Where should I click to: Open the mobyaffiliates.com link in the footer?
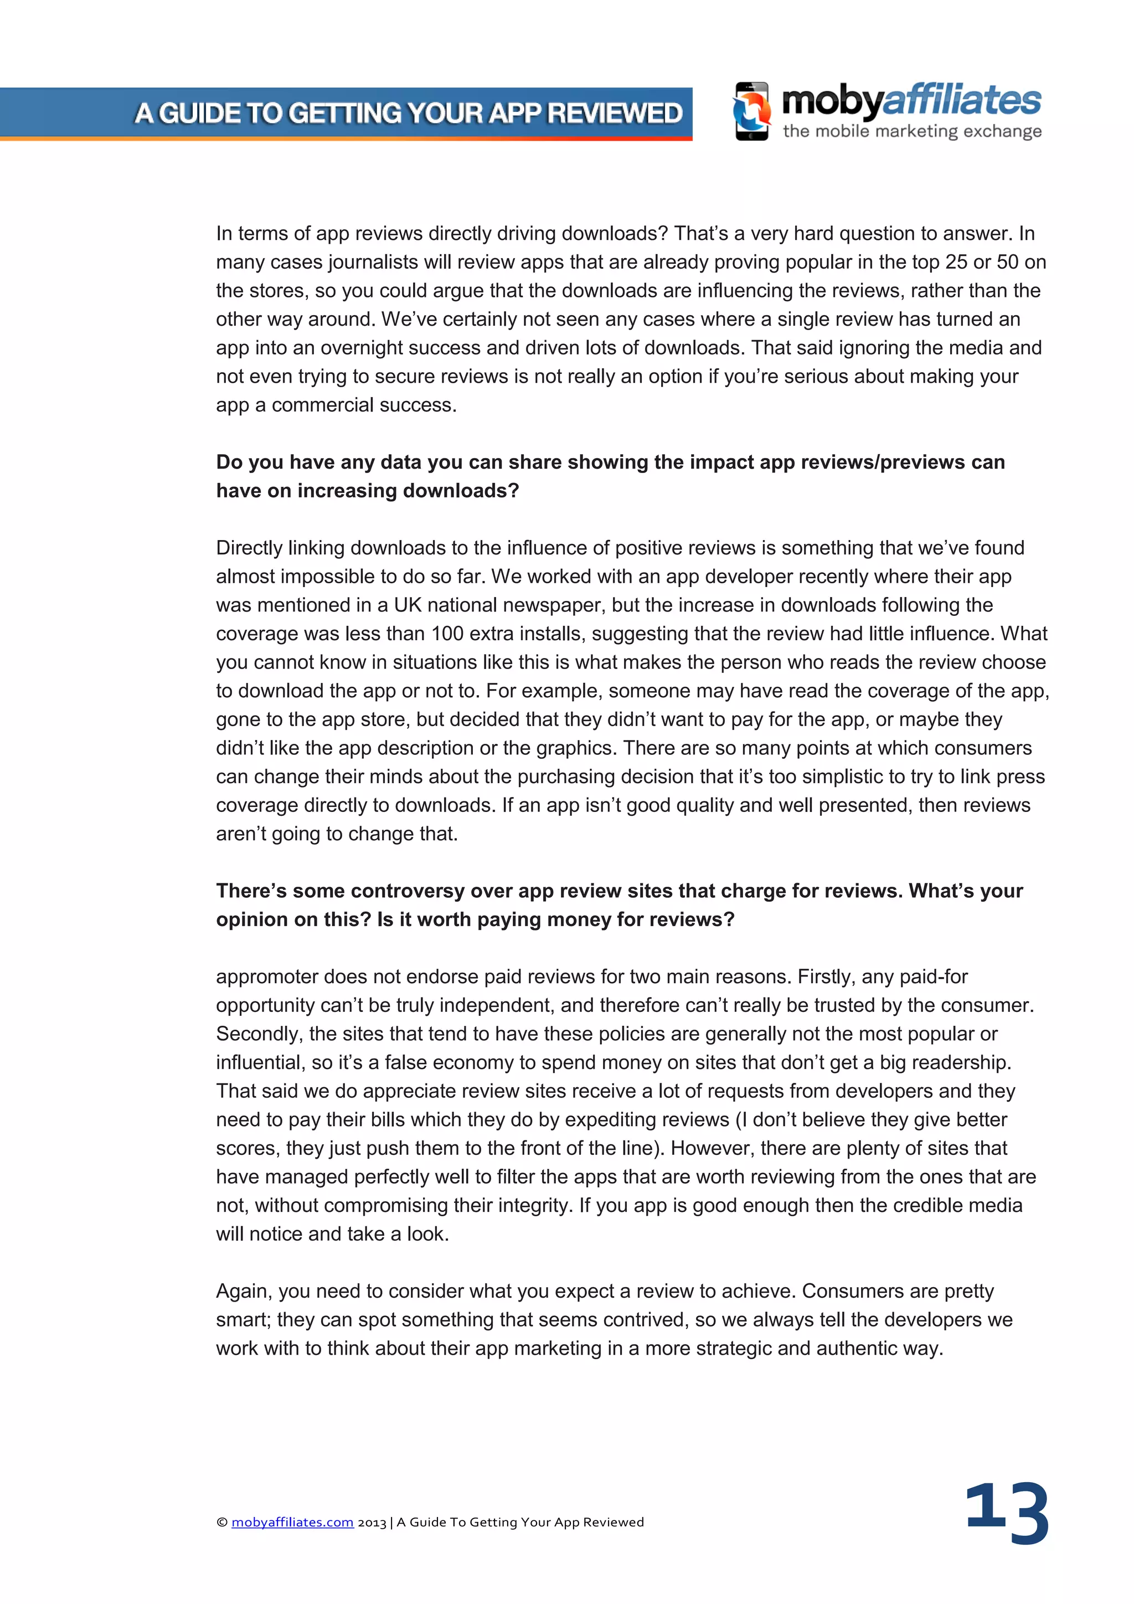tap(292, 1522)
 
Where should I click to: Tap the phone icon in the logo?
tap(752, 112)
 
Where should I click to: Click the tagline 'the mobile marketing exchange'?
tap(912, 131)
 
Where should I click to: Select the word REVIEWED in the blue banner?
tap(615, 113)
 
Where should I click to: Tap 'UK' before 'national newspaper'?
tap(407, 605)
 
